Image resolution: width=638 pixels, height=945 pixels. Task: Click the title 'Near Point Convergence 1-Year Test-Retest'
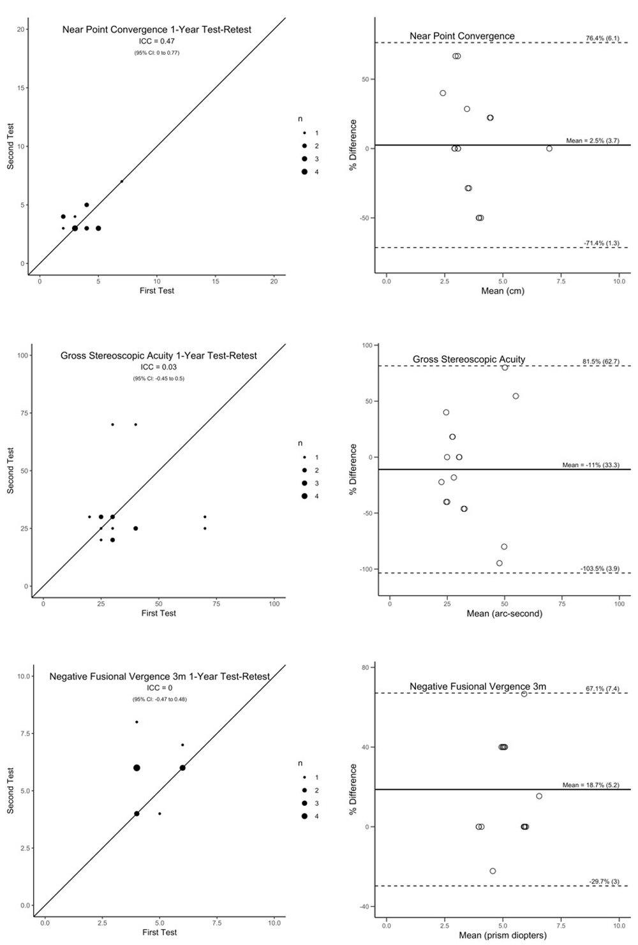pos(157,29)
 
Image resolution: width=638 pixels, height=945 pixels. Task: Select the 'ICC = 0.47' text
pos(157,41)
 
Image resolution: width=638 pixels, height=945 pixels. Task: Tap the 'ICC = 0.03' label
pos(159,367)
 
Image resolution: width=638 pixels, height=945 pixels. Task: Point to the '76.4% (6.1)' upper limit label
pos(602,38)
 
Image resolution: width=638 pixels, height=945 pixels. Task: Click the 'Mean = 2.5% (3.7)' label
pos(592,140)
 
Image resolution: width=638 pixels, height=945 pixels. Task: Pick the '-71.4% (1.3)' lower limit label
pos(601,243)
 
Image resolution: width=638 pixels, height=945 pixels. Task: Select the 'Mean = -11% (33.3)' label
pos(590,465)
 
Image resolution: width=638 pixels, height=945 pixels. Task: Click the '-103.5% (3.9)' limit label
pos(600,569)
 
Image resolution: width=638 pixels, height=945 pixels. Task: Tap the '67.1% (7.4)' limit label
pos(602,688)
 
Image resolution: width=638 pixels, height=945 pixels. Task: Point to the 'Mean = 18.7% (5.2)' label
pos(590,785)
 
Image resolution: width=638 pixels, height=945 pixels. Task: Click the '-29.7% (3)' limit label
pos(604,881)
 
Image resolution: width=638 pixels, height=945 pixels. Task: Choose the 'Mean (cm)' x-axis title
pos(502,291)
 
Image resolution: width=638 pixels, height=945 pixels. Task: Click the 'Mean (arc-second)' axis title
pos(504,614)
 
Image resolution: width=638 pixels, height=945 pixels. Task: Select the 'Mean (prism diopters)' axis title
pos(503,935)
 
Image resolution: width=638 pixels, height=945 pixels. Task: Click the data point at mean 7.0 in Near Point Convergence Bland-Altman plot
pos(549,149)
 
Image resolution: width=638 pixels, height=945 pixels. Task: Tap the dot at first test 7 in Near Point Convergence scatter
pos(122,181)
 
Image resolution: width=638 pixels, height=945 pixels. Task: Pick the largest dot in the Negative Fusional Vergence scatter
pos(137,768)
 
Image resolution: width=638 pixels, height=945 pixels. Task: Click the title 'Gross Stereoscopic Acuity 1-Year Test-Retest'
pos(159,355)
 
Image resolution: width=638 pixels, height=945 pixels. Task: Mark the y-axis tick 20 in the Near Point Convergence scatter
pos(21,29)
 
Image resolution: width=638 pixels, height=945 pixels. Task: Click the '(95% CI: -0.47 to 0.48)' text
pos(160,699)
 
